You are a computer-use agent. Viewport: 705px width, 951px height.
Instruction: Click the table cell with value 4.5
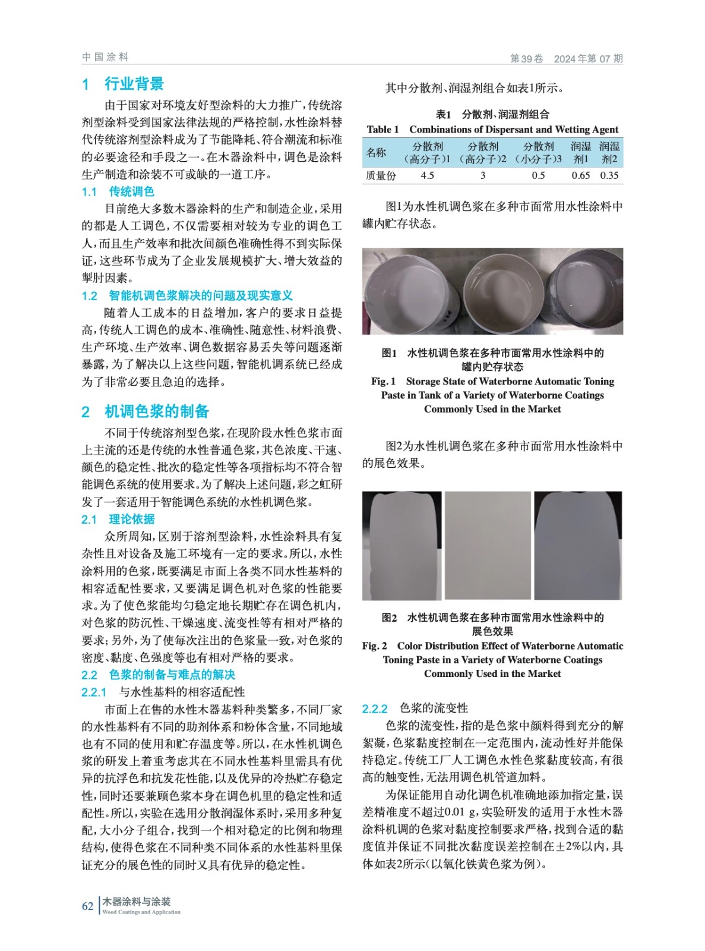coord(427,175)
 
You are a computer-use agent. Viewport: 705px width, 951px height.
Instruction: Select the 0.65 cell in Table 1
coord(580,175)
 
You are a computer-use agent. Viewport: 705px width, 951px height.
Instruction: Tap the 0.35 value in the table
coord(609,175)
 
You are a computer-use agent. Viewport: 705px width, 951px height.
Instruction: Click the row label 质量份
coord(381,175)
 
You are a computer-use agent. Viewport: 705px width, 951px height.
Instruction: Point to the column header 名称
coord(376,153)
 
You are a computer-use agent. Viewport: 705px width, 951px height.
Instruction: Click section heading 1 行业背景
coord(123,84)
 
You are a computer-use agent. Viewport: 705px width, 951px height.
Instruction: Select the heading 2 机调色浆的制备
coord(146,411)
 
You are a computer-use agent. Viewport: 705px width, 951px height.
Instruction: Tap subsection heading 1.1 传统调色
coord(118,191)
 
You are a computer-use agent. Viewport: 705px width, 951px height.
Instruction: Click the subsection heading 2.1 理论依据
coord(118,519)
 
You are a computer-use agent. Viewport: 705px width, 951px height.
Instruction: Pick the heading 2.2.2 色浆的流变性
coord(415,708)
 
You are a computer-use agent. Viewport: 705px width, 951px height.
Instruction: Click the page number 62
coord(87,906)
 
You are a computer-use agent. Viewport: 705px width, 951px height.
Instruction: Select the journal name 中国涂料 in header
coord(105,57)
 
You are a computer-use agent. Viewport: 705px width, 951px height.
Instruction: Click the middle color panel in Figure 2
coord(488,545)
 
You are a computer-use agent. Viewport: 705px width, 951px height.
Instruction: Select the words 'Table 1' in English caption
coord(382,130)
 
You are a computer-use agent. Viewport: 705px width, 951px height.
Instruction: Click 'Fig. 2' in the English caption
coord(375,646)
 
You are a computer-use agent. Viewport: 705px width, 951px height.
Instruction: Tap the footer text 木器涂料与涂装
coord(137,901)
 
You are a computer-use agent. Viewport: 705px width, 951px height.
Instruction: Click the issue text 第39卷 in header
coord(527,58)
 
